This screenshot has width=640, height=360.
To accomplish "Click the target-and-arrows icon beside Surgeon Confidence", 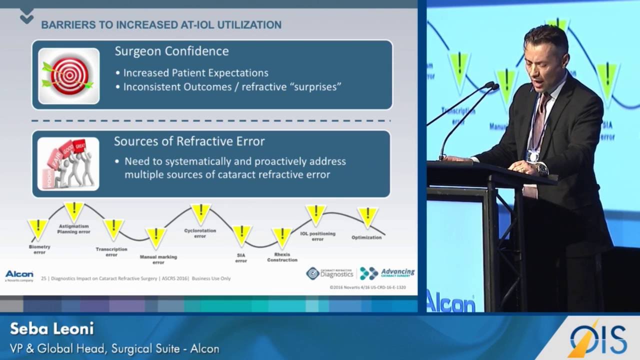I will (x=68, y=76).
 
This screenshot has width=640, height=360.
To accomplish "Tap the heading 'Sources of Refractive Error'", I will (x=189, y=141).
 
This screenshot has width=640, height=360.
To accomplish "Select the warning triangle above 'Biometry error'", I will (x=38, y=228).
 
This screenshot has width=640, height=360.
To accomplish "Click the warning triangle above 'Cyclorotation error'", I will (x=200, y=213).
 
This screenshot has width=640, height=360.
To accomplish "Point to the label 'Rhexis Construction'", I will (x=282, y=257).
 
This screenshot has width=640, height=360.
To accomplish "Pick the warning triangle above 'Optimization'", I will (x=367, y=216).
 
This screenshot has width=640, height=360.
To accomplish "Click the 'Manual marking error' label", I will (x=158, y=259).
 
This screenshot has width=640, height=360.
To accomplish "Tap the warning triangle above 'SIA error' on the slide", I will (x=241, y=234).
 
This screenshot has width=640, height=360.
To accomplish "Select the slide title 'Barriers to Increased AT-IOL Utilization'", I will (x=161, y=24).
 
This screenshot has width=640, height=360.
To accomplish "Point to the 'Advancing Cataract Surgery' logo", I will (x=387, y=273).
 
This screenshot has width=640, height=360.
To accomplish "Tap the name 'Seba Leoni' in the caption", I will (x=51, y=329).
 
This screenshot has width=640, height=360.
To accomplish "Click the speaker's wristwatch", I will (x=541, y=169).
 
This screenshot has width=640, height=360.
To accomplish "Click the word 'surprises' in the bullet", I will (x=317, y=86).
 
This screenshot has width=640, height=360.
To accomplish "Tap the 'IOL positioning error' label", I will (x=317, y=236).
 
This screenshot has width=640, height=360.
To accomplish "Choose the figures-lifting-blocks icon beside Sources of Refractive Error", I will (x=68, y=164).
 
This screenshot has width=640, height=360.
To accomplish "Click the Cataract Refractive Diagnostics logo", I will (x=330, y=273).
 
